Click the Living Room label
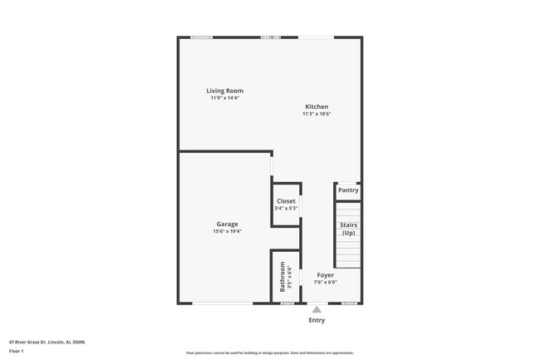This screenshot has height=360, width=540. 224,91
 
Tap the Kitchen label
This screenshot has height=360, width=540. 317,106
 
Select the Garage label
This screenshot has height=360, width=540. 227,224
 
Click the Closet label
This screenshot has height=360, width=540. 286,201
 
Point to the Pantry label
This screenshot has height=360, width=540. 348,190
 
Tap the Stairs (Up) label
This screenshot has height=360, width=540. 348,229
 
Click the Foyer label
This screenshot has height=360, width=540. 325,275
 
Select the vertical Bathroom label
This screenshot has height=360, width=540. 282,276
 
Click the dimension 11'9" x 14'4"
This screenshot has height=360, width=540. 224,98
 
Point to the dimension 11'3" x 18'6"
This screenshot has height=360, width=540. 317,114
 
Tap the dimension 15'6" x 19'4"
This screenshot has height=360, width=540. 227,231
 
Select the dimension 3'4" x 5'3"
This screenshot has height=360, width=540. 286,209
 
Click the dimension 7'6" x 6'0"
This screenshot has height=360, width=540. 325,283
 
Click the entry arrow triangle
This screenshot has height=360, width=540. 317,309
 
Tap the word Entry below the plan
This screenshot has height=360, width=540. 317,320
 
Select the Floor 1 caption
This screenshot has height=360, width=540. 17,351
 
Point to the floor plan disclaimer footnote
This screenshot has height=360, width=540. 269,353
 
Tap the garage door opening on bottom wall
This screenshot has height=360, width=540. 223,303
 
